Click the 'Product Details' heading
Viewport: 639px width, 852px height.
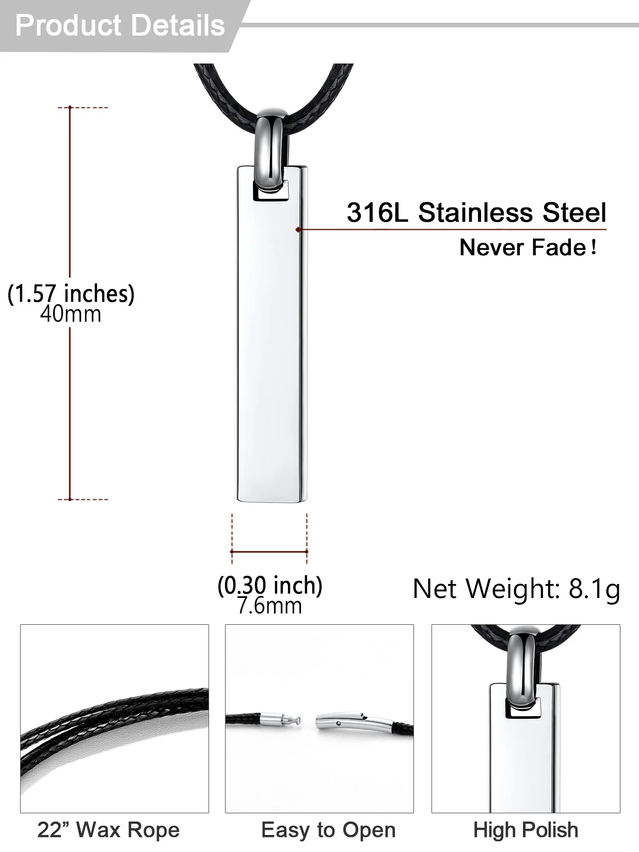pos(120,26)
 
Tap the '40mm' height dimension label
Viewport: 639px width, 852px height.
pos(71,314)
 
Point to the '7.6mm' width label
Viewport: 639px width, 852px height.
pos(269,606)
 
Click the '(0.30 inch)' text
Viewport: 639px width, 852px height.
pos(270,586)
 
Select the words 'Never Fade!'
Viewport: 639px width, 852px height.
pos(528,247)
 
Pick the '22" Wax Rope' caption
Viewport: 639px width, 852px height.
pos(108,830)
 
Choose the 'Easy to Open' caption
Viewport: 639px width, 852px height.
pos(328,830)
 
